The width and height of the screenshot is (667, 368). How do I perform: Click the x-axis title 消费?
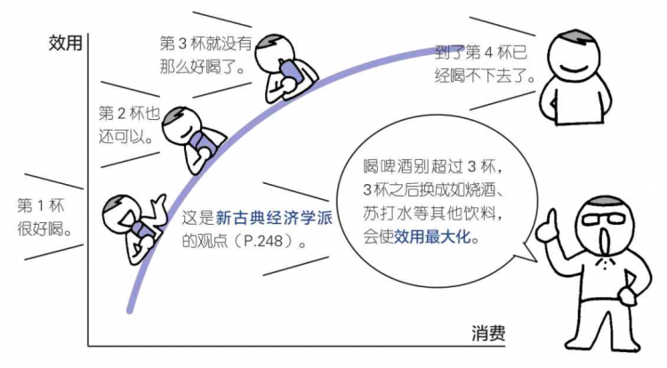click(x=488, y=334)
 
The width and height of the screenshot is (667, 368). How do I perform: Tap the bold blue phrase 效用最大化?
click(x=436, y=237)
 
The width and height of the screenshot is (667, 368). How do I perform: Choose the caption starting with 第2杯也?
click(x=129, y=125)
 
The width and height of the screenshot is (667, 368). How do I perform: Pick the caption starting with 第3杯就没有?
click(x=202, y=55)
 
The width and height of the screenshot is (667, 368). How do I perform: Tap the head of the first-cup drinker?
click(x=119, y=212)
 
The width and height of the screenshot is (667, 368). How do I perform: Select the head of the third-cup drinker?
click(x=273, y=51)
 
